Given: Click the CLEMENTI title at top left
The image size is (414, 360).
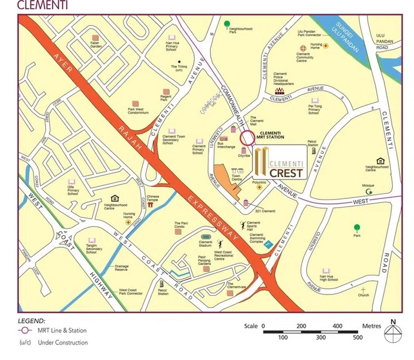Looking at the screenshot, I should (36, 5).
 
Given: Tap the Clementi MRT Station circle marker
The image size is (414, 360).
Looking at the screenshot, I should (247, 138).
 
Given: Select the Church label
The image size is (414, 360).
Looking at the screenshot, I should (363, 295).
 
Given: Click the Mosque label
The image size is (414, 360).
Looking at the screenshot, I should (368, 186).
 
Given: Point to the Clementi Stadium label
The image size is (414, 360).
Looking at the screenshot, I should (206, 246).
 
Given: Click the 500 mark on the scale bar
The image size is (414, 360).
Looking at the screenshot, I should (358, 337).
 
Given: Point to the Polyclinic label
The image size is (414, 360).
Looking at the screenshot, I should (260, 182).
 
